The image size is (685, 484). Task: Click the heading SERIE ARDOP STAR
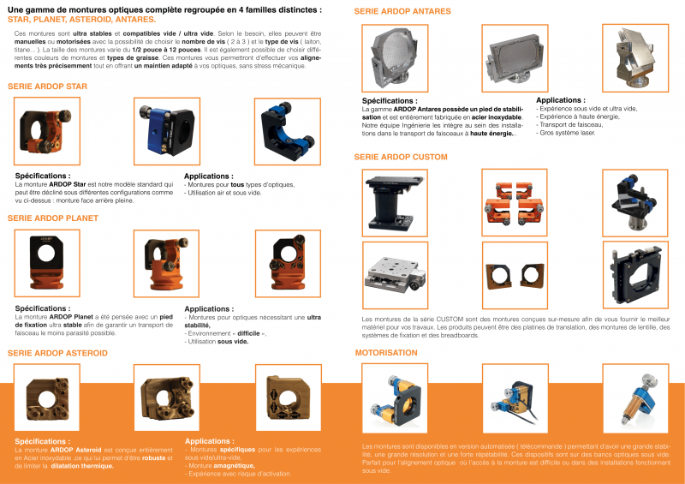tap(47, 87)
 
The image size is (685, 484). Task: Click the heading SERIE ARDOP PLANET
tap(52, 218)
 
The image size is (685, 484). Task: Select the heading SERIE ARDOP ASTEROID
tap(57, 352)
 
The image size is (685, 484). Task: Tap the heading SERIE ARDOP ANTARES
tap(402, 11)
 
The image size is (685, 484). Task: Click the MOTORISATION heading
tap(387, 352)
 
